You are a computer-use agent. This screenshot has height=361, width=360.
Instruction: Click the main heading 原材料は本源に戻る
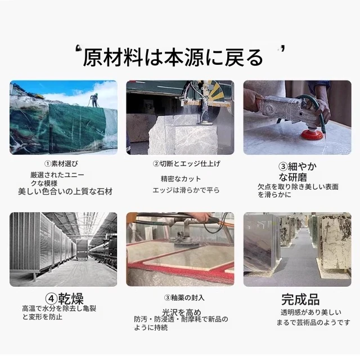[x=173, y=57]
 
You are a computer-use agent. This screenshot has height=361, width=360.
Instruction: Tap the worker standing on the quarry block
[x=94, y=100]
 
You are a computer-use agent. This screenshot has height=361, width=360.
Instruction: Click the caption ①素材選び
[x=61, y=164]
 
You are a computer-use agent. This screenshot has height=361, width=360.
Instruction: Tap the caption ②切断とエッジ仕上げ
[x=186, y=164]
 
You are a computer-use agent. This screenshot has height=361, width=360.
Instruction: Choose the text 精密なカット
[x=181, y=179]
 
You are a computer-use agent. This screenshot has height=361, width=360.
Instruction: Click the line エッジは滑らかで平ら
[x=186, y=190]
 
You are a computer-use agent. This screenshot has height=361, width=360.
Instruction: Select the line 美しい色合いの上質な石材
[x=65, y=191]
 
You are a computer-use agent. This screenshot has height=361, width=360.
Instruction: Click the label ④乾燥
[x=64, y=298]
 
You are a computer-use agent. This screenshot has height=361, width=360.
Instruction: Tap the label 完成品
[x=300, y=299]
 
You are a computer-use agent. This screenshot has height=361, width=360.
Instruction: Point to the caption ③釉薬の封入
[x=184, y=298]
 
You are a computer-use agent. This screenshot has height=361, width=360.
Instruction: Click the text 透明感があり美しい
[x=311, y=313]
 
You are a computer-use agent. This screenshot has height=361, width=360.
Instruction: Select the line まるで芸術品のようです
[x=313, y=322]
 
